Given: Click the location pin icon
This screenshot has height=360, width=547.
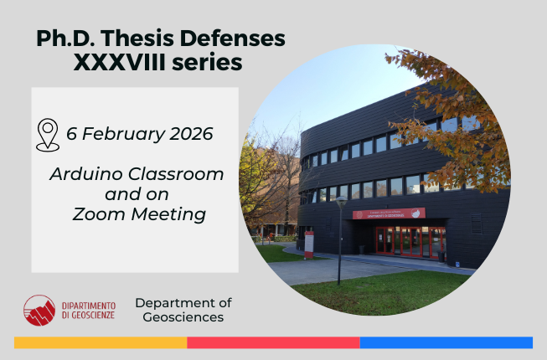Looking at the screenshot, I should click(x=48, y=135).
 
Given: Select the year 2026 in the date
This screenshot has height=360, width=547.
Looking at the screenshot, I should click(x=188, y=134).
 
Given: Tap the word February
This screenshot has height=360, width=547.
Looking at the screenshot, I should click(x=121, y=134).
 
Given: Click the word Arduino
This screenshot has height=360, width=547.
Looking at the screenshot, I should click(x=81, y=175).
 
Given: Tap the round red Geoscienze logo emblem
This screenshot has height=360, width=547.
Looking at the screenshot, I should click(x=39, y=310).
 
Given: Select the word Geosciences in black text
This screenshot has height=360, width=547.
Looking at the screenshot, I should click(x=183, y=317).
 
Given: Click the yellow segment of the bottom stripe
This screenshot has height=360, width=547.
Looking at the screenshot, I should click(x=101, y=342).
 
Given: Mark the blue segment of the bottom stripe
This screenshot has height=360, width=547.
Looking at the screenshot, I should click(x=446, y=342).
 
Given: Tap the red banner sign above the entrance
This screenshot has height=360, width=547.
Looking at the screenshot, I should click(x=389, y=214).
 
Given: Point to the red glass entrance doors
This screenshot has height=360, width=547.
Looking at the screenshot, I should click(x=406, y=241).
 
